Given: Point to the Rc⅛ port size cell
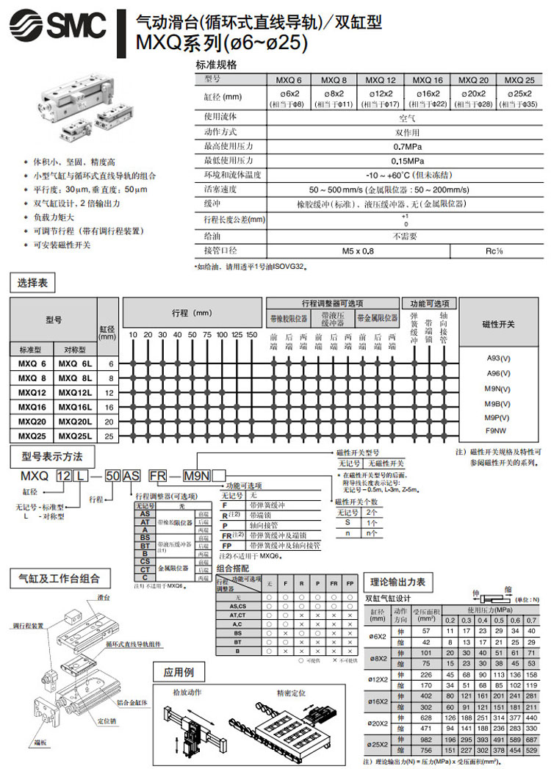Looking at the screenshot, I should pos(494,251).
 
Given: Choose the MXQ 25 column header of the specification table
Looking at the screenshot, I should pos(519,80).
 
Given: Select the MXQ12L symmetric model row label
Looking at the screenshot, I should pos(76,392).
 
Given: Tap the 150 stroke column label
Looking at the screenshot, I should pos(252,334).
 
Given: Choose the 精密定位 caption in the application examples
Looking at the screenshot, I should pos(292,693).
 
